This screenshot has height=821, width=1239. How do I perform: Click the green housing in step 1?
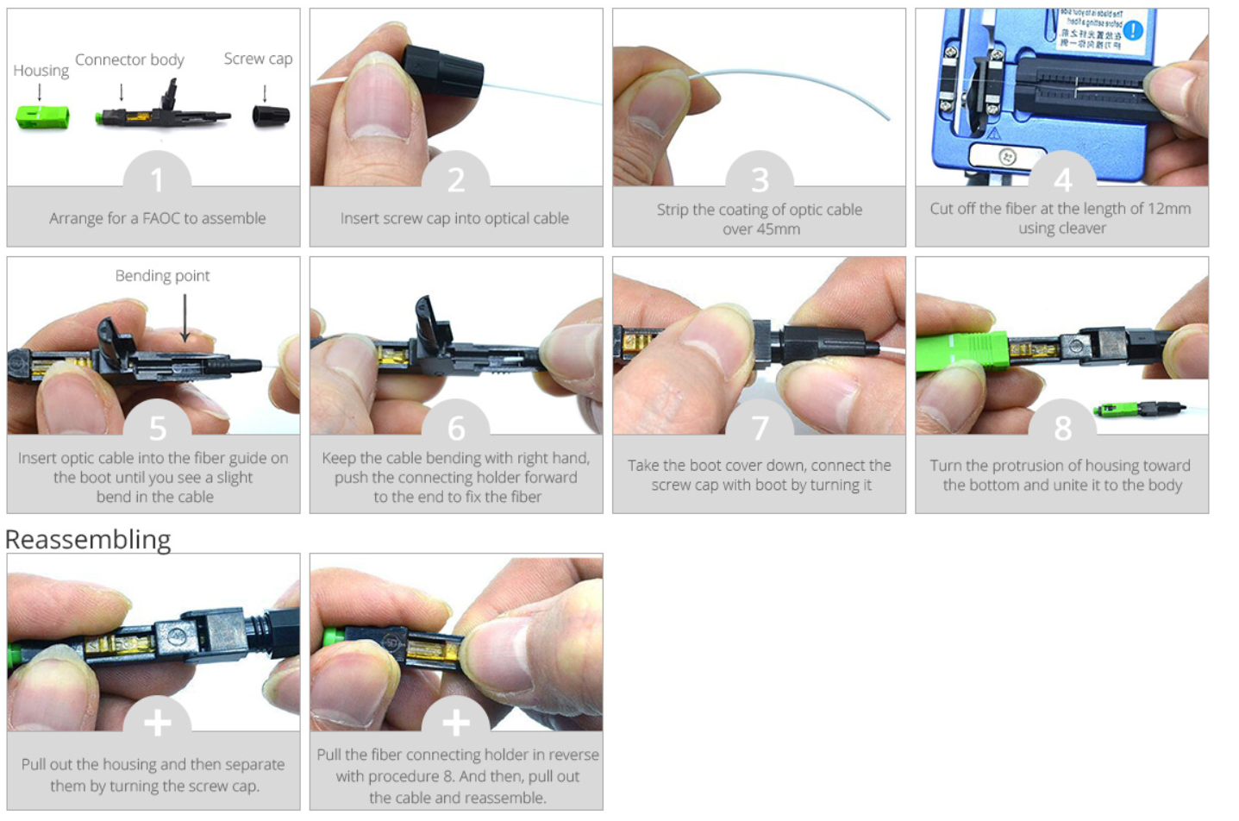[43, 117]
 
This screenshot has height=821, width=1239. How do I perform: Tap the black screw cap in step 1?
[271, 116]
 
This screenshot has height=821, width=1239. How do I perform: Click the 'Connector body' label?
[129, 60]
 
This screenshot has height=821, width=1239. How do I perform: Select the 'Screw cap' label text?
[259, 59]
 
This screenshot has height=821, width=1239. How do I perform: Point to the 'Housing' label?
[41, 71]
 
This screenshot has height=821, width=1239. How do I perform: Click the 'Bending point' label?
[163, 275]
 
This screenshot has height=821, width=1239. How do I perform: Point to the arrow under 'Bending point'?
[185, 318]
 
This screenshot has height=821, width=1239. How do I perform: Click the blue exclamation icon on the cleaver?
[1133, 30]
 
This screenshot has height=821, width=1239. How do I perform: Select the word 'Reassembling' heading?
[88, 539]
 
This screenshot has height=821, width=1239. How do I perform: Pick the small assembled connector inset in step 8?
[1140, 410]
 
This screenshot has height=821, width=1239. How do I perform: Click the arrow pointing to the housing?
[40, 91]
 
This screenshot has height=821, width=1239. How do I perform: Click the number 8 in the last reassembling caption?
[448, 777]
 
